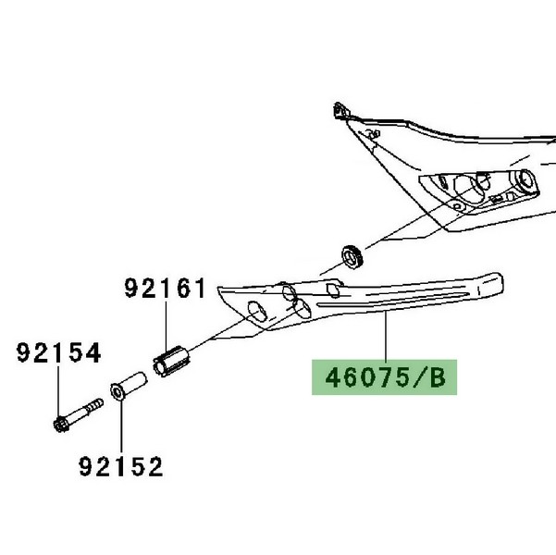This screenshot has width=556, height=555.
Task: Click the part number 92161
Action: pyautogui.click(x=165, y=288)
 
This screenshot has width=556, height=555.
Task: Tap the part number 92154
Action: pyautogui.click(x=59, y=352)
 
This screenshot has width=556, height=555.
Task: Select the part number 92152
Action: pyautogui.click(x=121, y=466)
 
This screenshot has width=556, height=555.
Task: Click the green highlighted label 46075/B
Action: pyautogui.click(x=384, y=377)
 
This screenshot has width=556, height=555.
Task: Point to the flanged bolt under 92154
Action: pyautogui.click(x=78, y=415)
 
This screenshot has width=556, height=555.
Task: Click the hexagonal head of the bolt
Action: pyautogui.click(x=61, y=425)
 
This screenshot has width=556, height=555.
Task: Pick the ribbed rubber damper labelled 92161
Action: pyautogui.click(x=172, y=362)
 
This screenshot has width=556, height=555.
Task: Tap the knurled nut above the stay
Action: pyautogui.click(x=352, y=256)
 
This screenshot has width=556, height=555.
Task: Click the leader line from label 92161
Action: pyautogui.click(x=166, y=326)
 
